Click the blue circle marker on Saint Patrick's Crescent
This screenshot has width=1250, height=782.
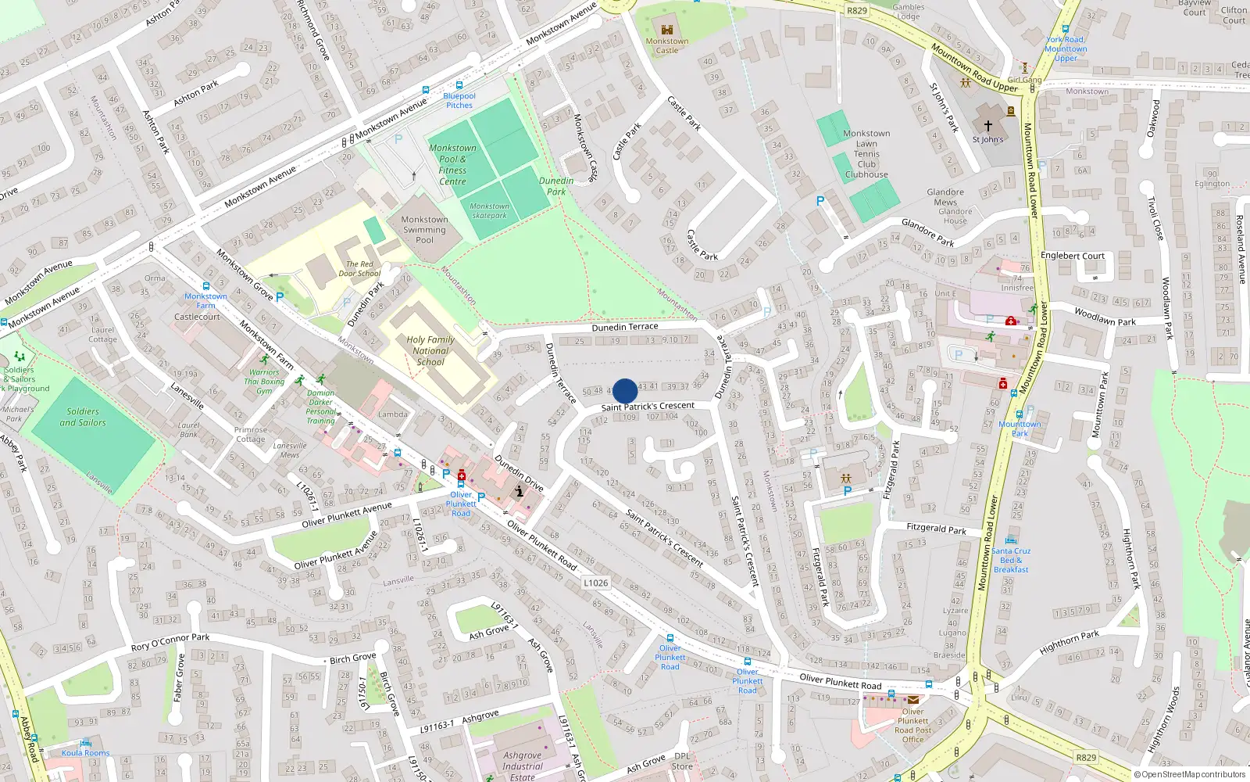pyautogui.click(x=625, y=391)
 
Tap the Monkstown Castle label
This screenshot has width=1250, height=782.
pyautogui.click(x=667, y=45)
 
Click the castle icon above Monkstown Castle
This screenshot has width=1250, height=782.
pyautogui.click(x=667, y=30)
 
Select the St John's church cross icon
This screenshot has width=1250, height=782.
pyautogui.click(x=987, y=125)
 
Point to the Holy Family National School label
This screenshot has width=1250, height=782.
pyautogui.click(x=430, y=351)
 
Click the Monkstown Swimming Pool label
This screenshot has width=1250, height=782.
pyautogui.click(x=424, y=230)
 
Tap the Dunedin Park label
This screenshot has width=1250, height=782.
pyautogui.click(x=556, y=186)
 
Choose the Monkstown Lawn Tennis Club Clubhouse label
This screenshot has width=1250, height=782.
pyautogui.click(x=866, y=154)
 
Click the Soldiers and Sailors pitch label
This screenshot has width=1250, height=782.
pyautogui.click(x=83, y=417)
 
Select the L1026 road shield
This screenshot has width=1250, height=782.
pyautogui.click(x=595, y=583)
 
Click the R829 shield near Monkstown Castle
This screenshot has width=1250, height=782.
pyautogui.click(x=857, y=10)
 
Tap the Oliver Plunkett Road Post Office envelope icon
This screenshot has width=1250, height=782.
pyautogui.click(x=912, y=700)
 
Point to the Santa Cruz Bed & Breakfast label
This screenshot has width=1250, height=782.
pyautogui.click(x=1011, y=560)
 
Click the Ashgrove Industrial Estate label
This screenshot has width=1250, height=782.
pyautogui.click(x=523, y=766)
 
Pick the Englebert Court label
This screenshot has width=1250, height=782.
pyautogui.click(x=1073, y=256)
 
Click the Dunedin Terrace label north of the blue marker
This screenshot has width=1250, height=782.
pyautogui.click(x=625, y=327)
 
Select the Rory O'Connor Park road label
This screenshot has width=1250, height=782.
pyautogui.click(x=170, y=642)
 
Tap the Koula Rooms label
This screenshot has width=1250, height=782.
pyautogui.click(x=86, y=753)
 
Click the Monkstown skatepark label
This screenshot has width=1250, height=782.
pyautogui.click(x=490, y=211)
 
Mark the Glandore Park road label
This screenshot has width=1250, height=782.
pyautogui.click(x=928, y=233)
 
